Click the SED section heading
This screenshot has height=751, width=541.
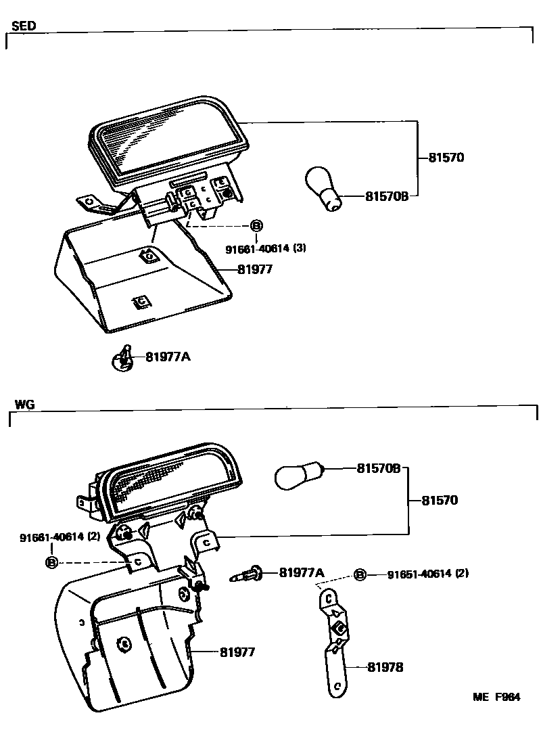24,26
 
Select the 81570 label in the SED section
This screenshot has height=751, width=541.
446,158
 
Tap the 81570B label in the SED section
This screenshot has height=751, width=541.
387,196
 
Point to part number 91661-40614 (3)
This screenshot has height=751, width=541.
266,248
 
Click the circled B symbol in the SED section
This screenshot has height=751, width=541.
256,226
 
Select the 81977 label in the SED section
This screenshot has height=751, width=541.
256,269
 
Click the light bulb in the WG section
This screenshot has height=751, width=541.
299,474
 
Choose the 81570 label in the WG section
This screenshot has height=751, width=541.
440,501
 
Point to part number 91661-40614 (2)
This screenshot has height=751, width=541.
60,537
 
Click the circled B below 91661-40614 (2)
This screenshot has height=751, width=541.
52,562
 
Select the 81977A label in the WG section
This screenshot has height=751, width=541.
302,572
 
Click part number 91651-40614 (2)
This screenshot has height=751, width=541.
427,574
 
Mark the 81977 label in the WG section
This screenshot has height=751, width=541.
237,652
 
